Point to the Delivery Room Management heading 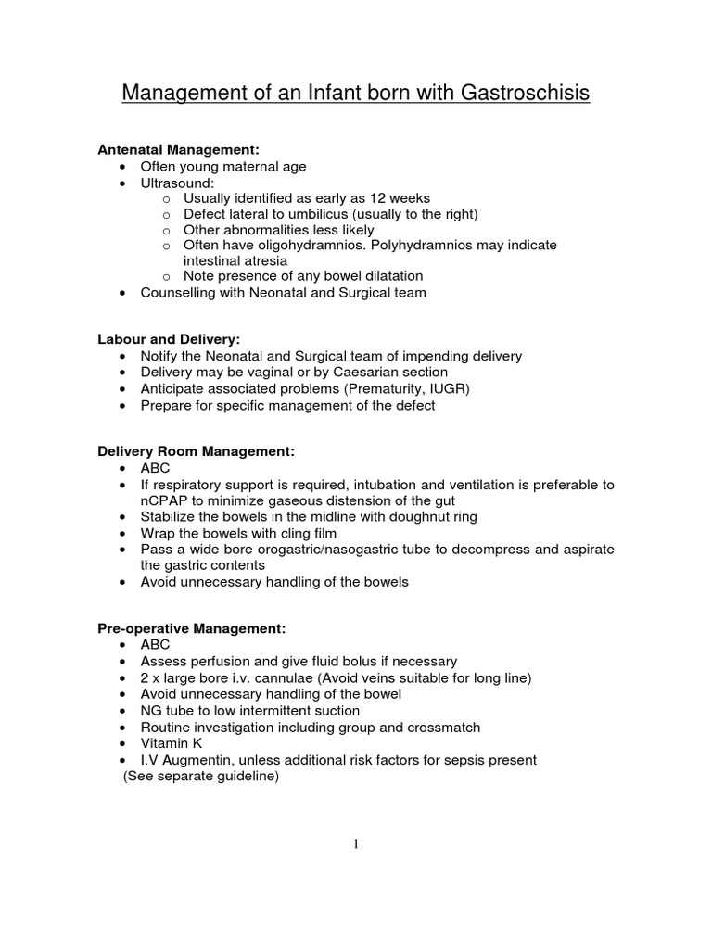(196, 451)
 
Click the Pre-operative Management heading (191, 628)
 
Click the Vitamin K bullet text (171, 743)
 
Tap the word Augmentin (203, 760)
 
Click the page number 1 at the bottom (356, 843)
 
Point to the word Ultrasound (176, 183)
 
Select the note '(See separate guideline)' (201, 777)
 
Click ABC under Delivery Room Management (155, 468)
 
